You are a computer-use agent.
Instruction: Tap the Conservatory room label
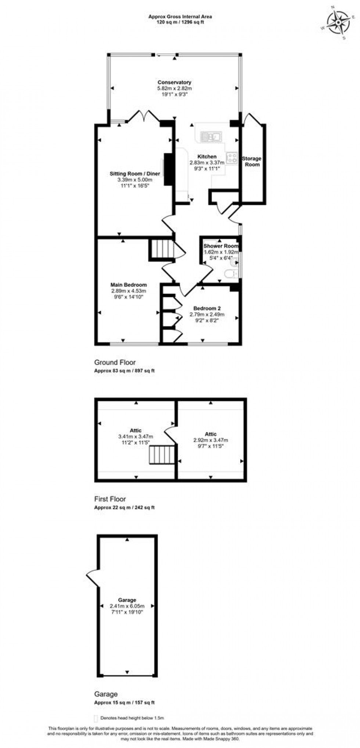point(174,82)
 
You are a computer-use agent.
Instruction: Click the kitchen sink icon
point(210,137)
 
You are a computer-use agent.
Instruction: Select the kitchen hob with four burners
point(232,158)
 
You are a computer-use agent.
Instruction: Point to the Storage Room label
point(252,161)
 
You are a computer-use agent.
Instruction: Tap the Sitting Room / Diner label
point(135,173)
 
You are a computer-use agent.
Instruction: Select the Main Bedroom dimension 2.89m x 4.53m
point(129,291)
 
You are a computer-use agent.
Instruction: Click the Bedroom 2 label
point(207,308)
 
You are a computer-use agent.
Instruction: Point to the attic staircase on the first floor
point(162,455)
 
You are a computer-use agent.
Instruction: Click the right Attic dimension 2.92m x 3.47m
point(210,440)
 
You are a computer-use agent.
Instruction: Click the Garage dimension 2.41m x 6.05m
point(127,606)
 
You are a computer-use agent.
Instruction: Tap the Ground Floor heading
point(115,362)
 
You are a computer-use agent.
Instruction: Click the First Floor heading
point(110,499)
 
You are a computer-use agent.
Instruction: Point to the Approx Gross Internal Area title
point(180,17)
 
